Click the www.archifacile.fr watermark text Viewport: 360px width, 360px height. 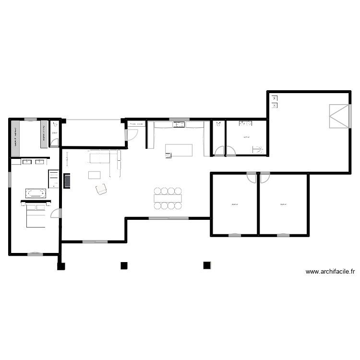(330, 272)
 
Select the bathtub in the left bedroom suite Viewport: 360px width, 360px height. (36, 193)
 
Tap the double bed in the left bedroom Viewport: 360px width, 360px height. (35, 214)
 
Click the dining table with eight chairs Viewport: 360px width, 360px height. (168, 198)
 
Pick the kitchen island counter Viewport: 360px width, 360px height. (179, 150)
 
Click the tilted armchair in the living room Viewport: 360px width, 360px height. (101, 190)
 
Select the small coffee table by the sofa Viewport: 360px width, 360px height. (95, 175)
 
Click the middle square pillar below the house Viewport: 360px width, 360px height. (124, 265)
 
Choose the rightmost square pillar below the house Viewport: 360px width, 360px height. (207, 265)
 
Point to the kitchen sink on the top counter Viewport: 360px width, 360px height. (180, 125)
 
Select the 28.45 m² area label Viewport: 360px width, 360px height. (235, 205)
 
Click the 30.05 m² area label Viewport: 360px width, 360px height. (283, 205)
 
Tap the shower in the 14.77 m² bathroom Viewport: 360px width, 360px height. (259, 149)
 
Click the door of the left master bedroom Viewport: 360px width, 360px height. (56, 214)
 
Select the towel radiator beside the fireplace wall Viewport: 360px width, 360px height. (53, 179)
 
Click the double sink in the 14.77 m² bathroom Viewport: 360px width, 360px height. (246, 124)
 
